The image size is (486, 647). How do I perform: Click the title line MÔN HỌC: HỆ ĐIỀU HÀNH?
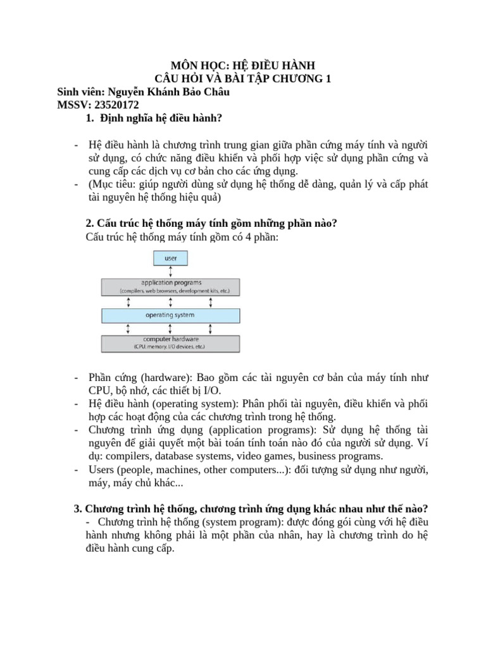[x=243, y=66]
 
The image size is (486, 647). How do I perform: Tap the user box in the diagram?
[x=171, y=258]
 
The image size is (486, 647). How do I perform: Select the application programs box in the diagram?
[x=171, y=287]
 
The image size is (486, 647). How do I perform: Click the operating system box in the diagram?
[x=171, y=315]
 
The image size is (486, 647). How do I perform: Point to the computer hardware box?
[x=171, y=343]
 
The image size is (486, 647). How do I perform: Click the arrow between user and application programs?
[x=171, y=272]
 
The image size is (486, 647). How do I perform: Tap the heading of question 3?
[x=251, y=509]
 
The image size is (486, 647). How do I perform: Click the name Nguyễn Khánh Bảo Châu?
[x=166, y=92]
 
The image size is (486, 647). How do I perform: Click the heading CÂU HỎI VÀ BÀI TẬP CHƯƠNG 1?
[x=243, y=79]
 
